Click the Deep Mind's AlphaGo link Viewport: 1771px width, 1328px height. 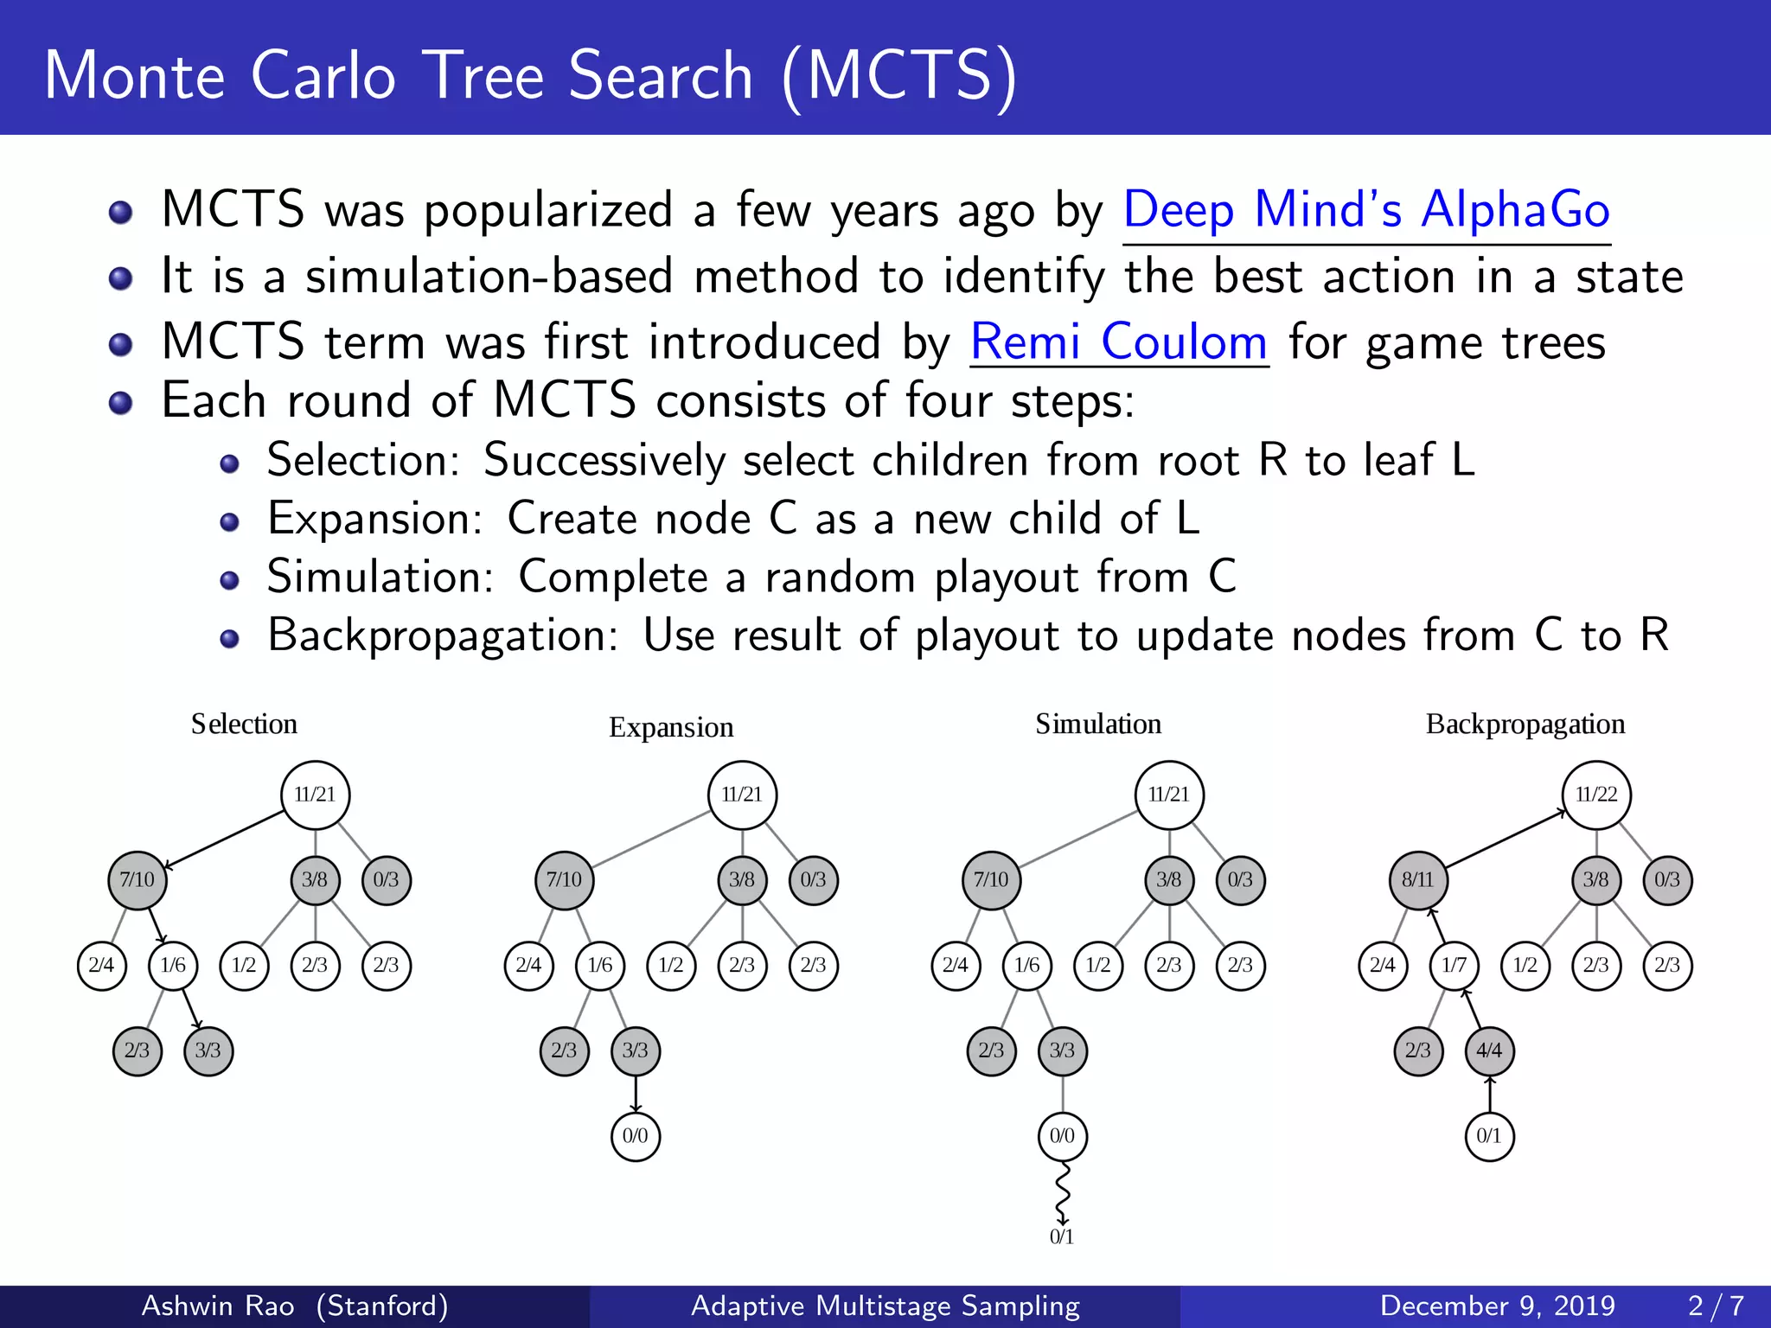[1366, 210]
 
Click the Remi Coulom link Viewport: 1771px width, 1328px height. [1118, 342]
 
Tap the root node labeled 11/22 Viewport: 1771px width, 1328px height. [1595, 795]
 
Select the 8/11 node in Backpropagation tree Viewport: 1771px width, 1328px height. [1418, 880]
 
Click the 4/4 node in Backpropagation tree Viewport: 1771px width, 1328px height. [1489, 1050]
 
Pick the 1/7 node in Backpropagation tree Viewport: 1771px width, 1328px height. [1454, 965]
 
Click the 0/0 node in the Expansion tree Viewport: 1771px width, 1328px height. [635, 1136]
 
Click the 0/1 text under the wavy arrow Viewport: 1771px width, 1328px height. [1061, 1237]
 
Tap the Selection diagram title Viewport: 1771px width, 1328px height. [244, 724]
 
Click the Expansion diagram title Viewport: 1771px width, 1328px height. [671, 727]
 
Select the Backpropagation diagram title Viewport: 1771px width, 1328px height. [1525, 724]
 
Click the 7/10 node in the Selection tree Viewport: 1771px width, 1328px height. [137, 880]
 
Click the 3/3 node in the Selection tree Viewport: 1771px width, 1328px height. [208, 1050]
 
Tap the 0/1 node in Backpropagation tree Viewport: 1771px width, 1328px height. [1489, 1136]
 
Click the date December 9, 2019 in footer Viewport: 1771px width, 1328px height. [1497, 1306]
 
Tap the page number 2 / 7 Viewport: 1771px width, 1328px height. [1716, 1306]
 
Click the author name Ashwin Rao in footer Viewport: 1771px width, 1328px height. [218, 1306]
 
